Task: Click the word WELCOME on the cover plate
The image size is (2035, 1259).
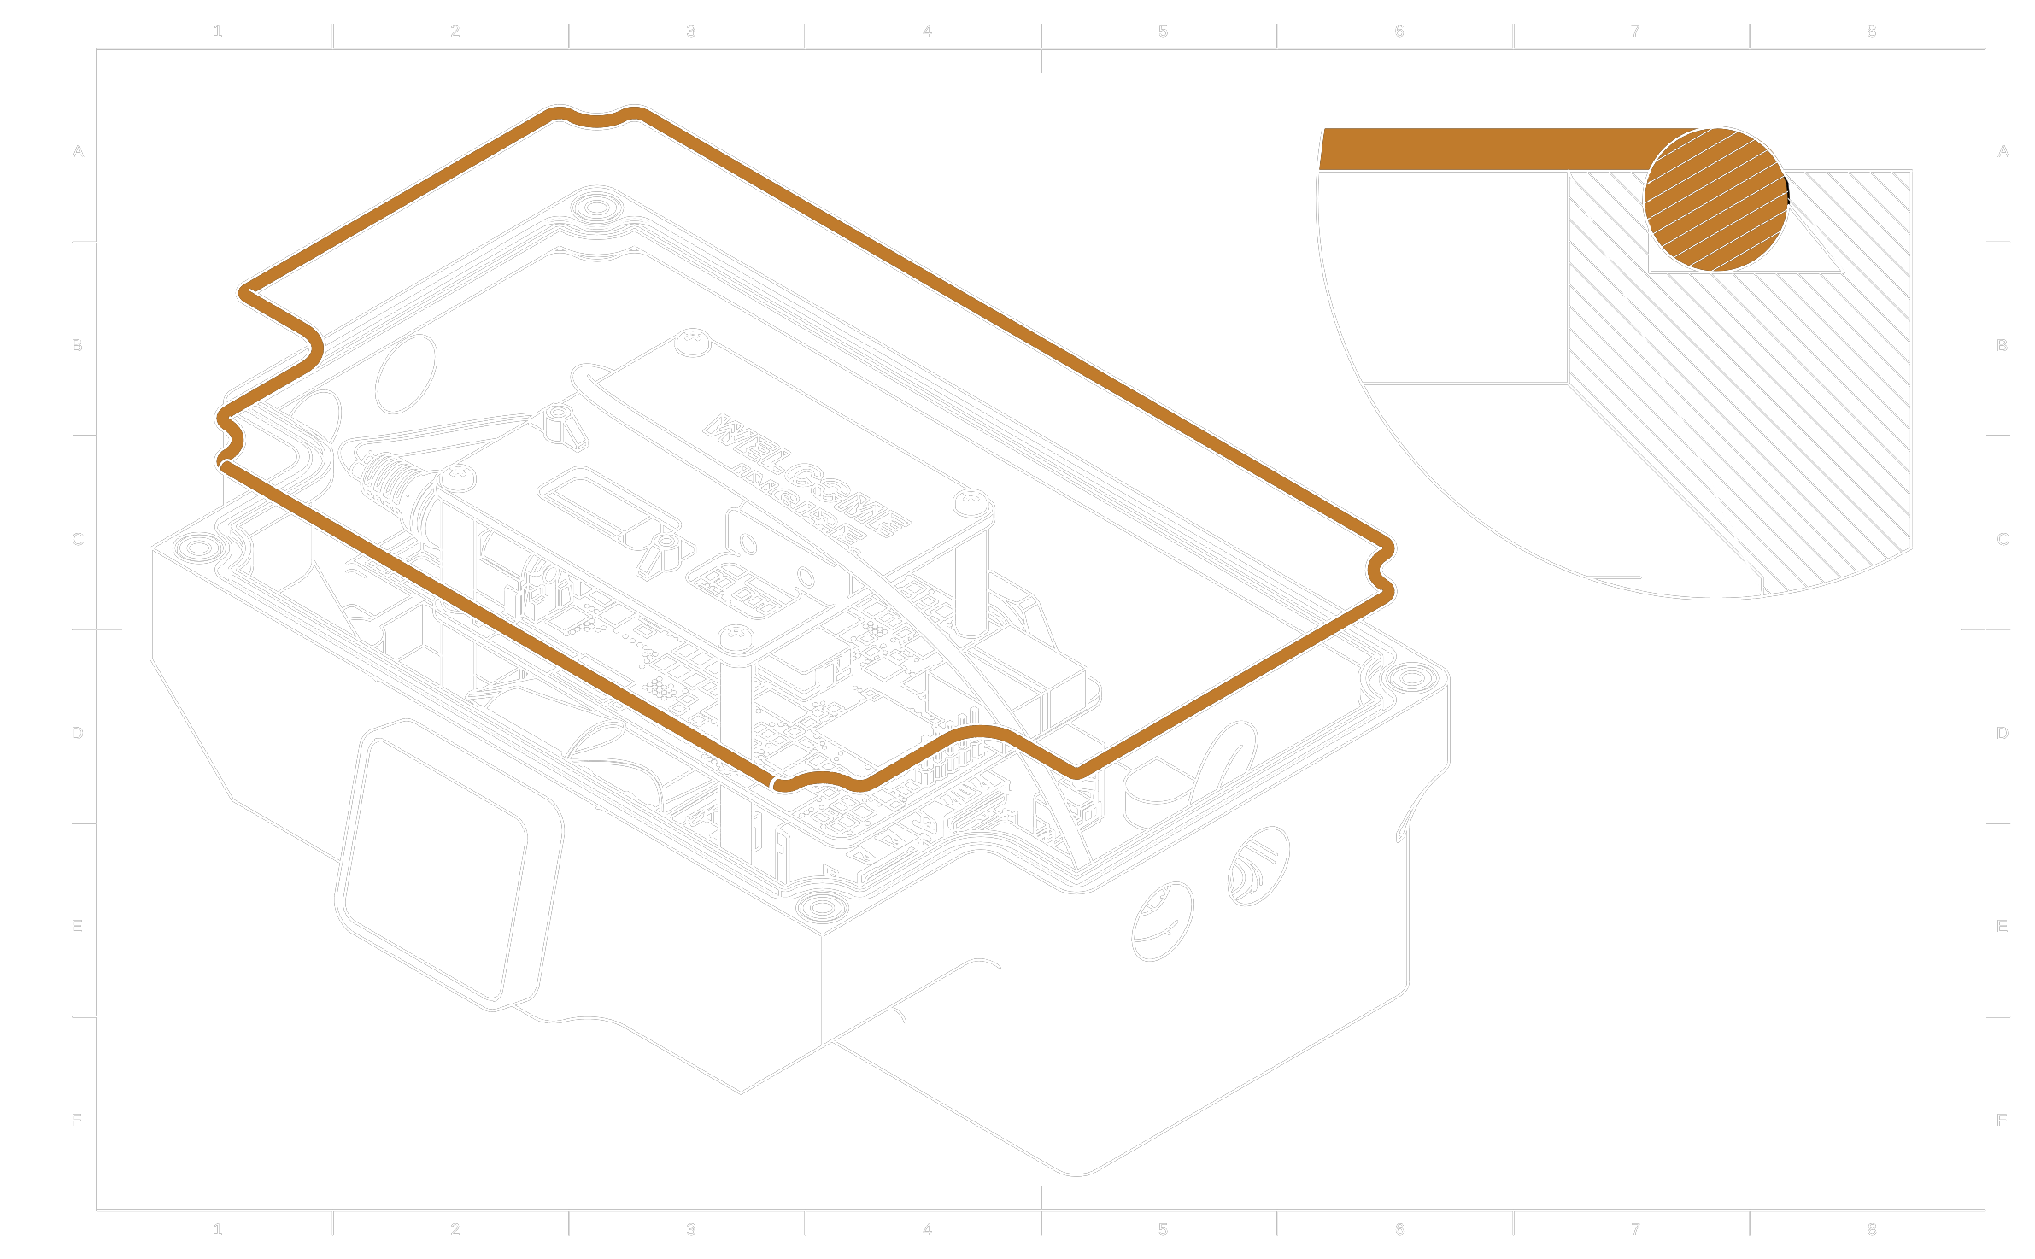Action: coord(806,474)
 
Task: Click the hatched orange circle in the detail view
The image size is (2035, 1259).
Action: coord(1715,200)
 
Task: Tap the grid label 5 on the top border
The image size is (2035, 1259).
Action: coord(1163,32)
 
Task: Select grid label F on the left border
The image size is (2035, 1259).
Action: coord(77,1120)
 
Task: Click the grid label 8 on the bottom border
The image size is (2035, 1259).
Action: coord(1871,1229)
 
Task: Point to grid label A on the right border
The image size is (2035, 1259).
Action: coord(2003,152)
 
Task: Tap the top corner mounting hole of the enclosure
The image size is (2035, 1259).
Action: coord(596,208)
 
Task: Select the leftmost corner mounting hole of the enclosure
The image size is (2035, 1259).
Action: coord(198,548)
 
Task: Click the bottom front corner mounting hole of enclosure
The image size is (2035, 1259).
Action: coord(822,907)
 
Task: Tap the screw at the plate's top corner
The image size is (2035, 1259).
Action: coord(693,340)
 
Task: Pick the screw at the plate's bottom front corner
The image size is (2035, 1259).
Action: coord(736,636)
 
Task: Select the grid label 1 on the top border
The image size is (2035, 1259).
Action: coord(217,32)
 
